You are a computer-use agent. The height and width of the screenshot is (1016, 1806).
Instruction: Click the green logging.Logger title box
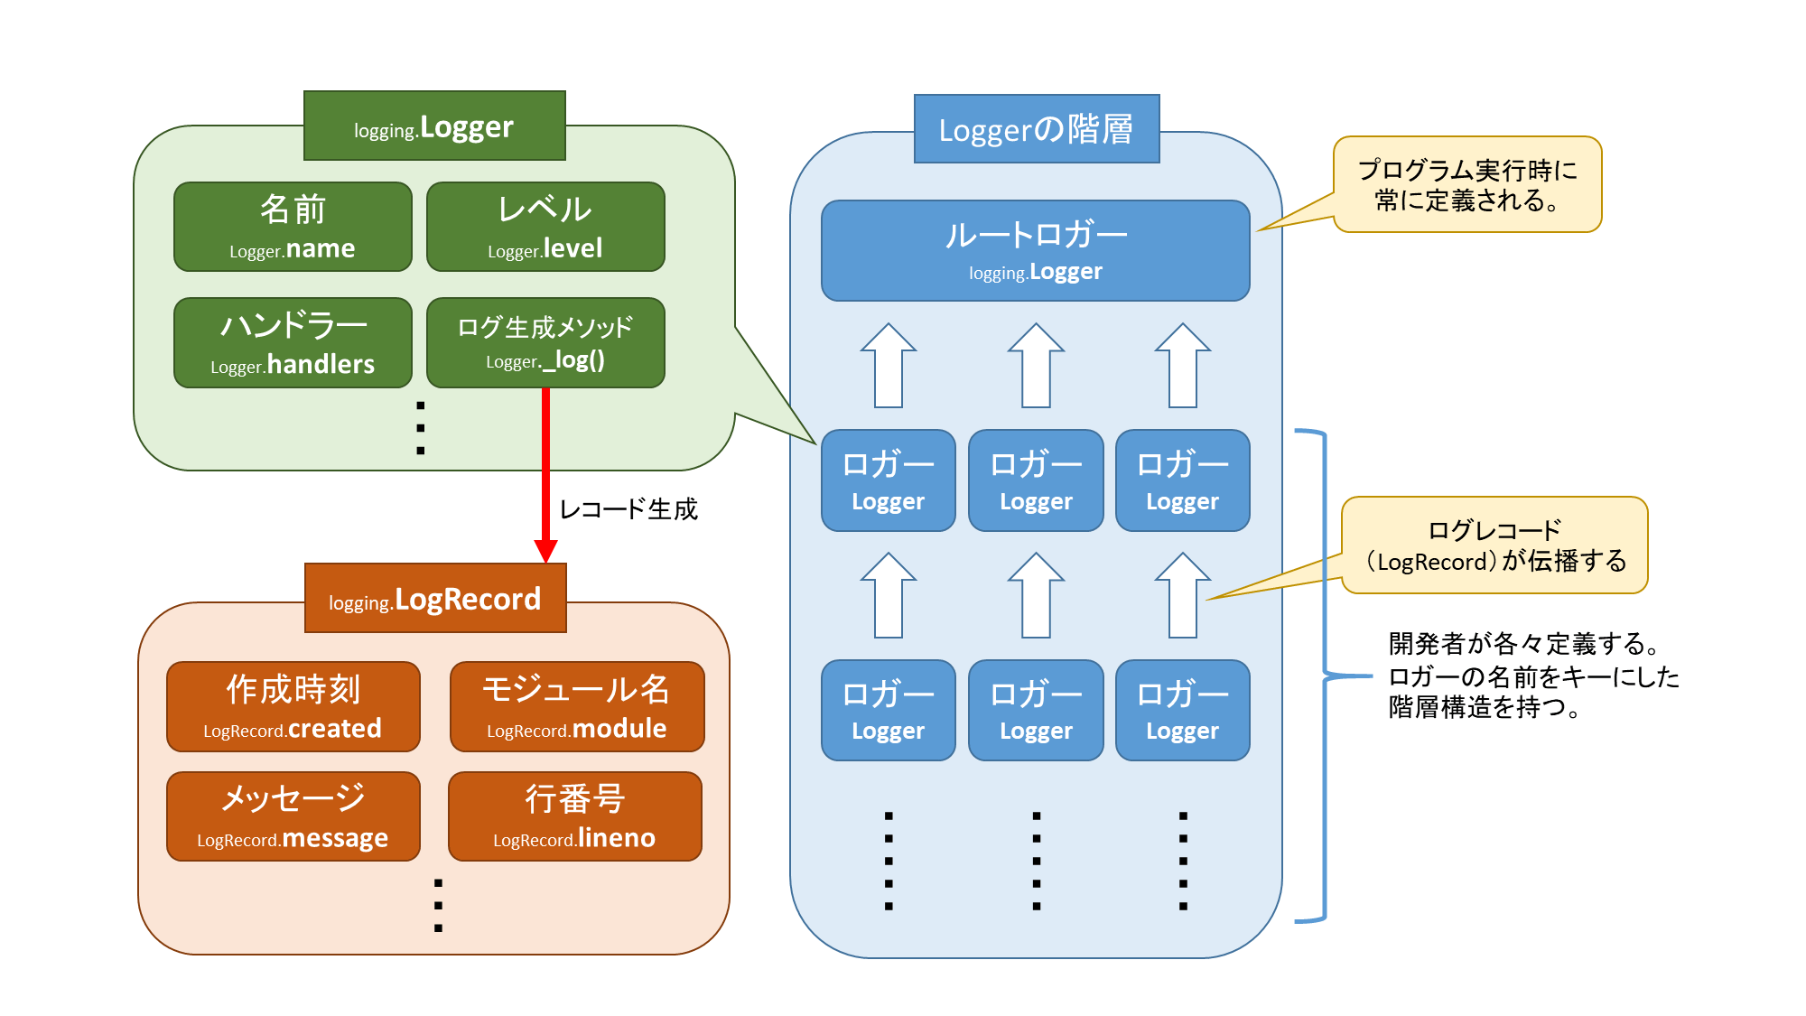(434, 126)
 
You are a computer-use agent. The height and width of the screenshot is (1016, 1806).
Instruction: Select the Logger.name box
(293, 227)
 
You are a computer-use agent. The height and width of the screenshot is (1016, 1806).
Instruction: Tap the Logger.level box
(545, 227)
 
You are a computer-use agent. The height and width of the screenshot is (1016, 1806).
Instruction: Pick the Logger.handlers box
(293, 342)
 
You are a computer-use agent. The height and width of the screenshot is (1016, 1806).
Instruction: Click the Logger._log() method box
(545, 342)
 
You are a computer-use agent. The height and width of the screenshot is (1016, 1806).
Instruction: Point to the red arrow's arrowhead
(545, 550)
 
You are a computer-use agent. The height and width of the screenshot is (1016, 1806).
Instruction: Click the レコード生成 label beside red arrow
(628, 509)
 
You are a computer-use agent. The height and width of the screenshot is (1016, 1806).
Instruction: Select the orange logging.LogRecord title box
(435, 598)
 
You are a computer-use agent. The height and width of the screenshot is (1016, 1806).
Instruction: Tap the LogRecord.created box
(293, 706)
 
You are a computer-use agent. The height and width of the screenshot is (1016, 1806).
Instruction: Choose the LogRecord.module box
(577, 706)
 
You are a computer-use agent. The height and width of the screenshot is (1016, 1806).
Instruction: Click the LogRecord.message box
(293, 816)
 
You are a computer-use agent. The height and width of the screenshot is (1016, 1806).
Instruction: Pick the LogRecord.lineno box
(575, 816)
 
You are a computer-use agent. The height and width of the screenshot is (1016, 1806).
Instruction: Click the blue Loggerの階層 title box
(1037, 129)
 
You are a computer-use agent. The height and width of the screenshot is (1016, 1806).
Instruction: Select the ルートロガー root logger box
(1036, 250)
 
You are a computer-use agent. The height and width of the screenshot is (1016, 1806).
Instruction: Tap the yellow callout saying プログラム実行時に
(1467, 184)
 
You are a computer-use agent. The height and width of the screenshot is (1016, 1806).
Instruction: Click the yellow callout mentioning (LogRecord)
(1494, 545)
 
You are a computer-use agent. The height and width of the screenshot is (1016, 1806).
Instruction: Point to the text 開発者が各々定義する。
(1526, 644)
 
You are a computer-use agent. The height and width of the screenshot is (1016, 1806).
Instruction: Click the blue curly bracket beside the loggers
(1324, 675)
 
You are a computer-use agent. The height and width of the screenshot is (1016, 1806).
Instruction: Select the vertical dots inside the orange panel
(438, 905)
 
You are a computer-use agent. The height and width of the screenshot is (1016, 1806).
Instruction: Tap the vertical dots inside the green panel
(420, 428)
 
